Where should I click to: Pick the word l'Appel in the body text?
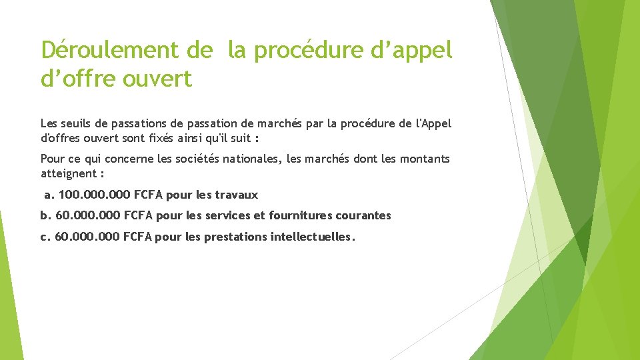(x=433, y=123)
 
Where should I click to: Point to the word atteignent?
(x=68, y=173)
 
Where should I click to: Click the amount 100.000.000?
(x=95, y=195)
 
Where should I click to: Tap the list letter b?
(x=45, y=216)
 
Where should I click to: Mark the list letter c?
(x=45, y=237)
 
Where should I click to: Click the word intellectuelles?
(x=313, y=237)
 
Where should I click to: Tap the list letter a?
(x=48, y=195)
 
